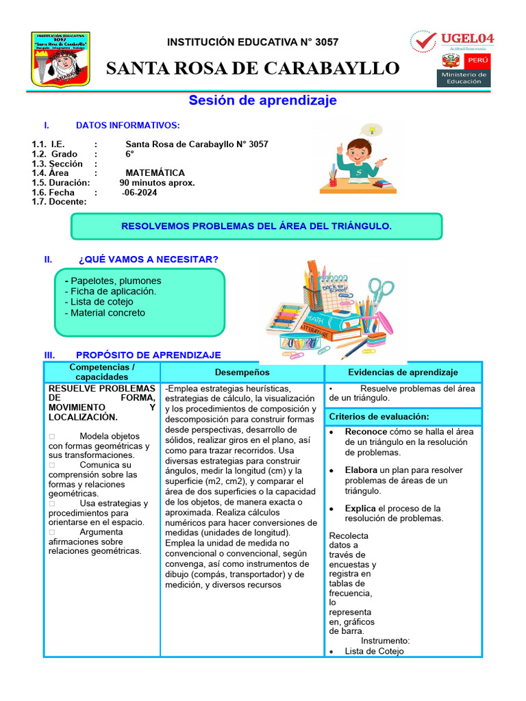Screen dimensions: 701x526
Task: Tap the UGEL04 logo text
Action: pos(467,39)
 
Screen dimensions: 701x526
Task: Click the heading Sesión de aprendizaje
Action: pos(263,101)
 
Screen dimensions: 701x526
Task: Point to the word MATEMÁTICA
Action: pos(155,173)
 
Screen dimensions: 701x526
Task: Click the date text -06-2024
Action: pos(140,192)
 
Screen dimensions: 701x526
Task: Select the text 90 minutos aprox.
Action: pos(157,183)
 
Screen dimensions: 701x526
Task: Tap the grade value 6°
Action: pos(129,154)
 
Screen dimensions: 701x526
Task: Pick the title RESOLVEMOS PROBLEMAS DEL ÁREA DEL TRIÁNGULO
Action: pos(256,226)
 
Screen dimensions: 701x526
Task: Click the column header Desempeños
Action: pos(242,372)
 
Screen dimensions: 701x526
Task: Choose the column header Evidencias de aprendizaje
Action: pos(403,372)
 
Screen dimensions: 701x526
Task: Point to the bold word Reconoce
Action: pos(366,432)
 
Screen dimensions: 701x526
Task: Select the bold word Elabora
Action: pos(361,470)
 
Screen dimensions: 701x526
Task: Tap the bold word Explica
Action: pos(360,509)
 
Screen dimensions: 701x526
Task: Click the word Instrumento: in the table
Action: pos(386,641)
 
